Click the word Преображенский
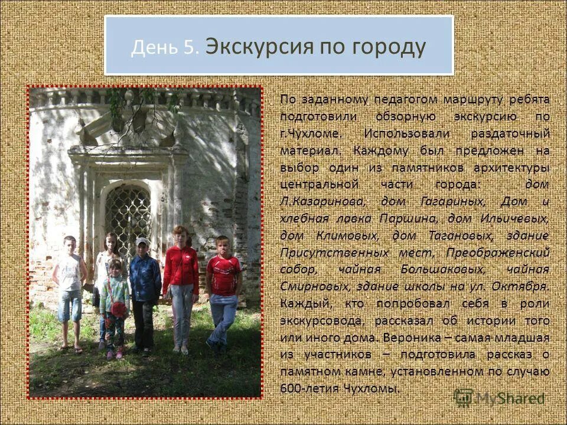click(x=498, y=253)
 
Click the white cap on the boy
click(x=142, y=241)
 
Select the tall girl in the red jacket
click(x=181, y=283)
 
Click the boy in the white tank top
click(x=70, y=289)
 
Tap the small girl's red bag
click(x=119, y=309)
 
